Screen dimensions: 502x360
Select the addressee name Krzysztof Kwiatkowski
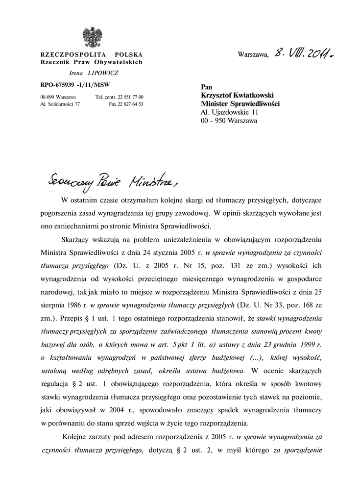237,95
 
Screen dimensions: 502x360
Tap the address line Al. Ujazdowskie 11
230,112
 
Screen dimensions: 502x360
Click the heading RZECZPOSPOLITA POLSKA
91,54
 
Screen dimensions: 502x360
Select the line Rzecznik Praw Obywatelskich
91,62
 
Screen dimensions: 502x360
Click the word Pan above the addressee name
207,87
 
